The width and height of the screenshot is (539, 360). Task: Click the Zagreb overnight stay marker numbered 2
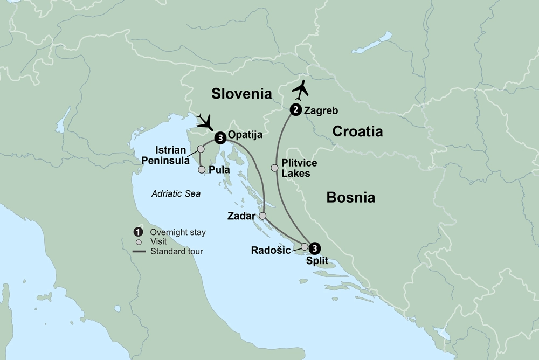[295, 110]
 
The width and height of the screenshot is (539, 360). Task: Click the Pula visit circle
[202, 170]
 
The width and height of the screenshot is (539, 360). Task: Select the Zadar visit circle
[262, 216]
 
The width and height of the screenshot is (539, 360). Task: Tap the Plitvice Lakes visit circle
[274, 168]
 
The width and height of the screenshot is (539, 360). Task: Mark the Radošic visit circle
[305, 247]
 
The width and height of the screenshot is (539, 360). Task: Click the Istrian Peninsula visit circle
[201, 149]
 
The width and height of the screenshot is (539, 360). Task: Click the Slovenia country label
[241, 94]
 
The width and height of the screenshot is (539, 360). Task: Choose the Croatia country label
[357, 131]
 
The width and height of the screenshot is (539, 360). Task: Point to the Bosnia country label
[350, 198]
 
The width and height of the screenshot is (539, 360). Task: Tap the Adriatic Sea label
[175, 194]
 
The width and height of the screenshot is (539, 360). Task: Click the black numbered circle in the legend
[138, 232]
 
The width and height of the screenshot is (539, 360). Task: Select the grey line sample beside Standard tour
[138, 251]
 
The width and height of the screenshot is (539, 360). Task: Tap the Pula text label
[219, 170]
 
